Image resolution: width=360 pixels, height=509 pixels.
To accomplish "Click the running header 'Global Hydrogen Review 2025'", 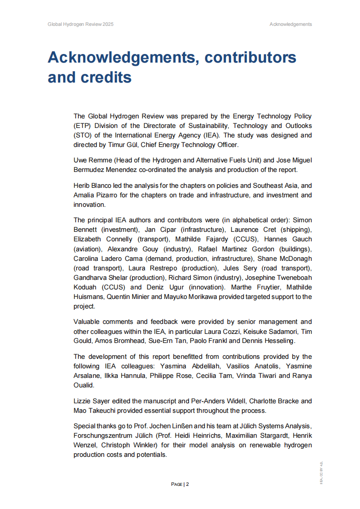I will [80, 24].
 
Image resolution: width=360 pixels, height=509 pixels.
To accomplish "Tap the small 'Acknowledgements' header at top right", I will [291, 24].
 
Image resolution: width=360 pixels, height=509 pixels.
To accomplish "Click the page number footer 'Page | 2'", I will [180, 484].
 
